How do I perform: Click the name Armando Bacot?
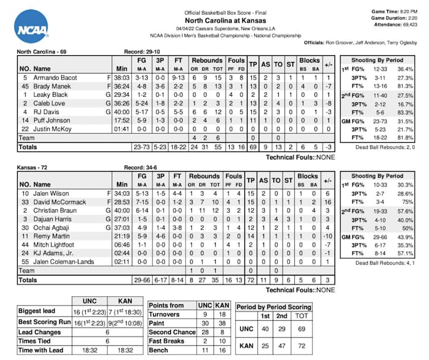pos(53,78)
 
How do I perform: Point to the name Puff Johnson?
pos(51,121)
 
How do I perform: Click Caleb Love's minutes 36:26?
pos(121,104)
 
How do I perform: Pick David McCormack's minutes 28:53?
pos(121,201)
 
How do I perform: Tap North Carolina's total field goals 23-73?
pos(142,147)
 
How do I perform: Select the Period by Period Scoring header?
pos(274,307)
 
